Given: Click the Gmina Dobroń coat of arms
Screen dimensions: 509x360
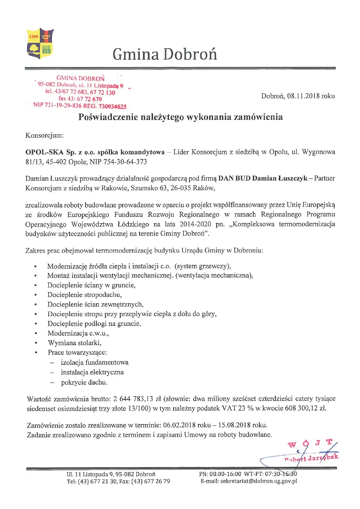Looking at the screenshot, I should pos(40,43).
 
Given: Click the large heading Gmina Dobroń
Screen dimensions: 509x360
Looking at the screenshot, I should pos(165,54).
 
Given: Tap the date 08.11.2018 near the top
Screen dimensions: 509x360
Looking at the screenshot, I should pos(303,96).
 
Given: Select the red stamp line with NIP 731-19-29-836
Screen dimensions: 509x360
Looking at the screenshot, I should pos(80,106).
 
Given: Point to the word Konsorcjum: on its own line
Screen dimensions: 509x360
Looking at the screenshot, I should pos(45,135).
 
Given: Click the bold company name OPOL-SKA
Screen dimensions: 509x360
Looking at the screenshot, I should pos(44,152).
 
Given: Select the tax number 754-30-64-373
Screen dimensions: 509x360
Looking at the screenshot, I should pos(125,162).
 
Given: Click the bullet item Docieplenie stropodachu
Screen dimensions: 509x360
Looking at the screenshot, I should pos(84,295).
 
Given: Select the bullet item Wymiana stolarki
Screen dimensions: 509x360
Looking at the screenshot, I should pos(74,343).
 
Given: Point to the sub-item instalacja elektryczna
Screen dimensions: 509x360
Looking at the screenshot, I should pos(92,372).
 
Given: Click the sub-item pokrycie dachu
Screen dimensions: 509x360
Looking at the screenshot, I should pos(84,382).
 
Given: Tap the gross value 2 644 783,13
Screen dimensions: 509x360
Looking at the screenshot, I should pos(133,399).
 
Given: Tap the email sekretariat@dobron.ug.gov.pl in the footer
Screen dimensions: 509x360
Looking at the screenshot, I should pos(249,481).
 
